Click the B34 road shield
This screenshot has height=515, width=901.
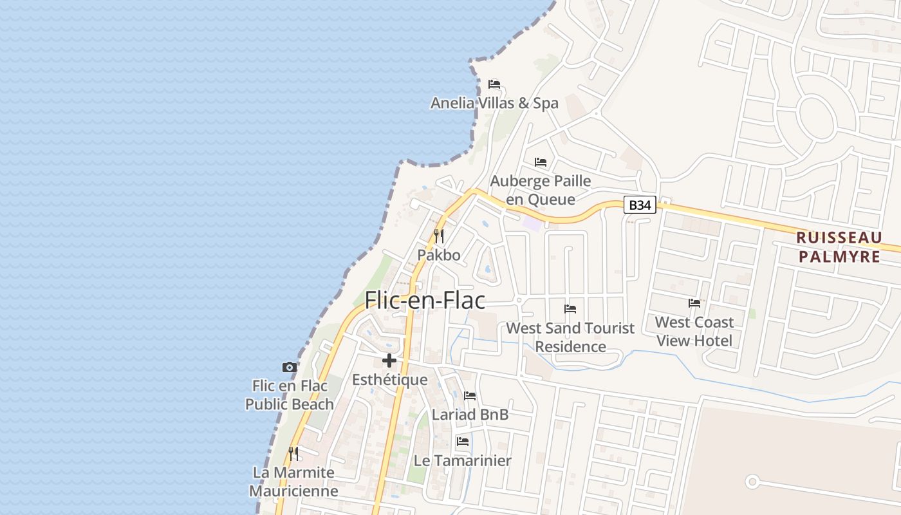tap(640, 205)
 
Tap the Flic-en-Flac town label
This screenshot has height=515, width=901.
tap(425, 301)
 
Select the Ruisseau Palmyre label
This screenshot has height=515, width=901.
tap(839, 247)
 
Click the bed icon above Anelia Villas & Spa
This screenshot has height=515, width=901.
tap(494, 84)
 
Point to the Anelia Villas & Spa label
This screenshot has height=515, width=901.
tap(494, 103)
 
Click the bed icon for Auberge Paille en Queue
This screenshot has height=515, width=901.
tap(541, 162)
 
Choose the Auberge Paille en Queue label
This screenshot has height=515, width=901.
tap(541, 190)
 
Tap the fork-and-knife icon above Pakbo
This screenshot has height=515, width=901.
tap(439, 236)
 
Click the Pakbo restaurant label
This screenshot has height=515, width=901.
tap(439, 255)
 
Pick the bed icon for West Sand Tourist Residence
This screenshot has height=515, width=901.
tap(570, 309)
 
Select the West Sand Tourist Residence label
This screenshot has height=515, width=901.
tap(570, 337)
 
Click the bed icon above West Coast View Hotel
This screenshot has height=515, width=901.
tap(694, 303)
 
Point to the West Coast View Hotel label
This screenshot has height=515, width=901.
tap(694, 331)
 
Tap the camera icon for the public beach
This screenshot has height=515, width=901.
tap(290, 367)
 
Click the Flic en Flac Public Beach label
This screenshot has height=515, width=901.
tap(290, 395)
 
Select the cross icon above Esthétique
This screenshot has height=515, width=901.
tap(389, 360)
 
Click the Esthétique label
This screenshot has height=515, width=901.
tap(389, 380)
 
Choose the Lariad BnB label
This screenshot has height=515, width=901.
tap(470, 415)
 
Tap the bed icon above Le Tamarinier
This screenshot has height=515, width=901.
tap(462, 442)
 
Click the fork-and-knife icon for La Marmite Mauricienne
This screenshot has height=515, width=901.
tap(293, 454)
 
